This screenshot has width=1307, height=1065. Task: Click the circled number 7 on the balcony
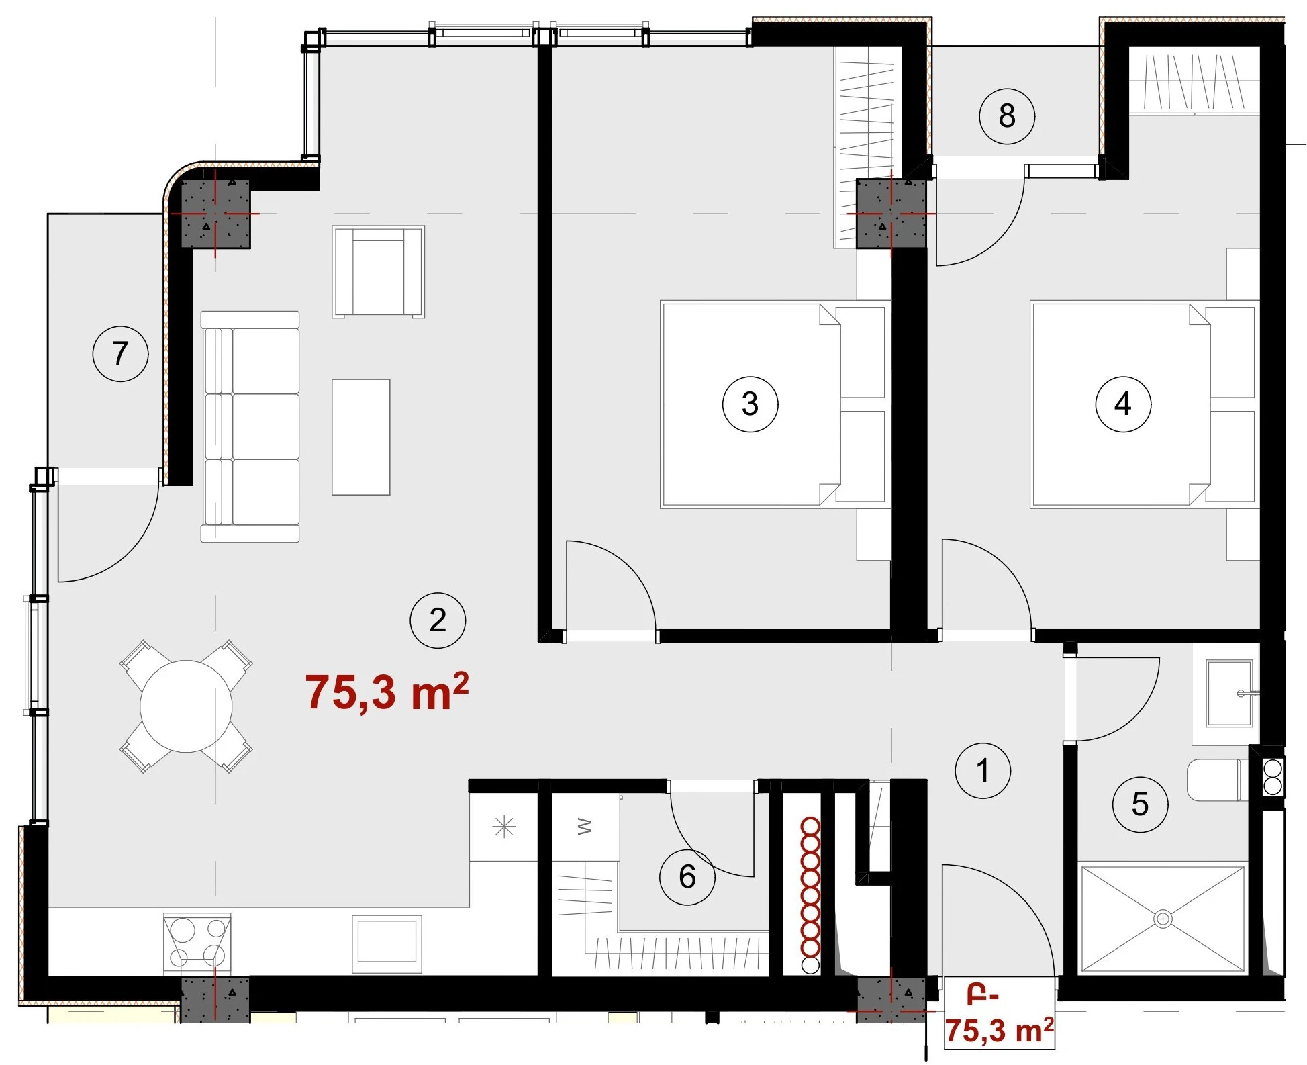120,353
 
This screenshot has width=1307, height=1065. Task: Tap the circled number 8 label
1006,115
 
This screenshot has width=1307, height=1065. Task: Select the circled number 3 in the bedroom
750,404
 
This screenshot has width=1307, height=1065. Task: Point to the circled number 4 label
1123,404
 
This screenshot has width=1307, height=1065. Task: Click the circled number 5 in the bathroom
1140,804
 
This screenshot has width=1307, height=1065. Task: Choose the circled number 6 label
687,876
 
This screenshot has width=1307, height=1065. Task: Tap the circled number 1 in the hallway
983,770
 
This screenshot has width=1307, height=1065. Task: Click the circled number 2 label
438,620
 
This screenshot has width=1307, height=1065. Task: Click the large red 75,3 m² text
387,692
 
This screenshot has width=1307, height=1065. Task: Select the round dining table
186,706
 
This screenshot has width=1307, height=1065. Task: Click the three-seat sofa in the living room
250,426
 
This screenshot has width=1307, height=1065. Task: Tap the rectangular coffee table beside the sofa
361,437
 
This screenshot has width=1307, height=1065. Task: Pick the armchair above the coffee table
379,271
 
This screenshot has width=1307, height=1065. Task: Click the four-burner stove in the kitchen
197,943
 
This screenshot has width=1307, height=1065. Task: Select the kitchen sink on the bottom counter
387,942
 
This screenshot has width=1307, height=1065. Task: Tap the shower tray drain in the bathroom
1163,918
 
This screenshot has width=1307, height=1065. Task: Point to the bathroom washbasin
1230,693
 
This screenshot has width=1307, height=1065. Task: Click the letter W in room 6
585,826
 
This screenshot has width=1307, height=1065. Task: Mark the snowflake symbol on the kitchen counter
503,827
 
